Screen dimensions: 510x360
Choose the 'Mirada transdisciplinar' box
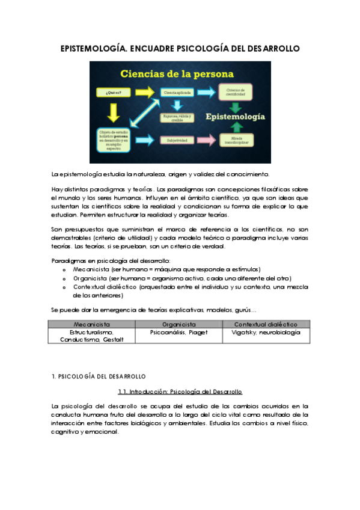[x=240, y=140]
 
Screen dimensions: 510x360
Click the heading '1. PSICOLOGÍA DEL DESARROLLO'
[x=99, y=376]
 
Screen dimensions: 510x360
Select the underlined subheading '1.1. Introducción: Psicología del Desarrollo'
[x=180, y=392]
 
